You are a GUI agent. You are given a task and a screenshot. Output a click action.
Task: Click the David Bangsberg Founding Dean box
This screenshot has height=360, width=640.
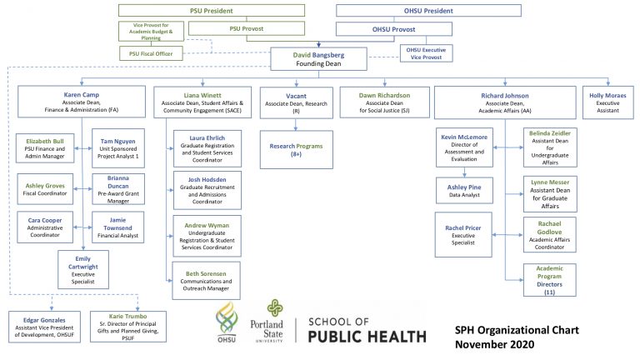coord(318,59)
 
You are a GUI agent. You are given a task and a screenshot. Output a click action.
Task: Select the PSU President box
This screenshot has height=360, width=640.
coord(212,11)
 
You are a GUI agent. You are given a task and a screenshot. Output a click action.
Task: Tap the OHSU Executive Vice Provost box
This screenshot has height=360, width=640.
coord(426,53)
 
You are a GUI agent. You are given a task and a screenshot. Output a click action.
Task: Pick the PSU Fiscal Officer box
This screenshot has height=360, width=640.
coord(151,53)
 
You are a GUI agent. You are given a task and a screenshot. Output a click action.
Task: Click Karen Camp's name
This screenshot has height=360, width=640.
coord(81,95)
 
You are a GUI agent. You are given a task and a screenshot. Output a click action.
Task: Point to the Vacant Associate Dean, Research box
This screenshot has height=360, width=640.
coord(297,102)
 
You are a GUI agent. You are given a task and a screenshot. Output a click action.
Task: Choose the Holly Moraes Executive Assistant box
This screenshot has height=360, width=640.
coord(607,102)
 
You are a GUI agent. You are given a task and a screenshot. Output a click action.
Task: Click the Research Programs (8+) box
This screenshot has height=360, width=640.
coord(297,150)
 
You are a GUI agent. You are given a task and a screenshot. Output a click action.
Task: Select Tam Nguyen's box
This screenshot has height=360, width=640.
coord(118,148)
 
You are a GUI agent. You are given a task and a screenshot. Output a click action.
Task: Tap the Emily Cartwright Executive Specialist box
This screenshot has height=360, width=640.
coord(83,269)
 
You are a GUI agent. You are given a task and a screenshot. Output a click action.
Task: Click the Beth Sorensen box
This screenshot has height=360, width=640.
coord(206,281)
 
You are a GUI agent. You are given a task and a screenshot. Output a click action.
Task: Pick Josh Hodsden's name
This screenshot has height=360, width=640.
coord(207,180)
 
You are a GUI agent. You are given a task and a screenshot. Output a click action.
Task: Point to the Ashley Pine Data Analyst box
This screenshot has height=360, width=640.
coord(464,191)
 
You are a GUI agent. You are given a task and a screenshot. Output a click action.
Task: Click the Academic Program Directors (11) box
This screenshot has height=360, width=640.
coord(549,280)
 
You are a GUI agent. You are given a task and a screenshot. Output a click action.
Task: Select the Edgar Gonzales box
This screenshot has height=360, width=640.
coord(44,327)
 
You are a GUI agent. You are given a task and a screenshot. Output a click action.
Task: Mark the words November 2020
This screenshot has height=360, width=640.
coord(495,344)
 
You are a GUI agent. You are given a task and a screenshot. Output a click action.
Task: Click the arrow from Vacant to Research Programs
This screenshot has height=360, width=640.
coord(296,125)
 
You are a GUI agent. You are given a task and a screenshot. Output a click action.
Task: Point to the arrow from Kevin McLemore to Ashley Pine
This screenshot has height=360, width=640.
coord(464,172)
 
